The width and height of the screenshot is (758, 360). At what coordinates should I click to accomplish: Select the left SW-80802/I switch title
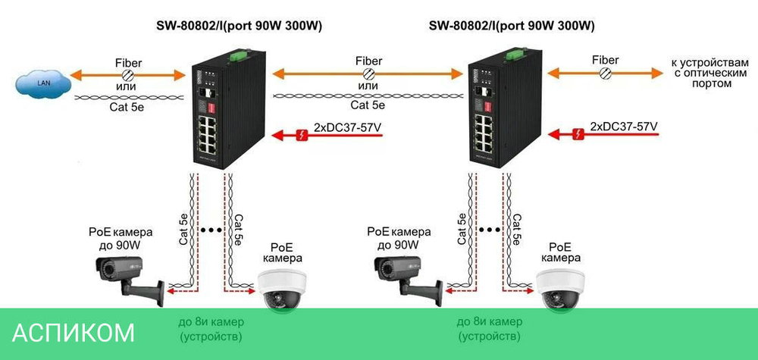pyautogui.click(x=239, y=26)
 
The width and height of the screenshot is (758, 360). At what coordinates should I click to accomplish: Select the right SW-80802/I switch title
pyautogui.click(x=512, y=26)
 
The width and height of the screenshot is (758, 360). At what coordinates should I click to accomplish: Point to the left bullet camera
pyautogui.click(x=127, y=277)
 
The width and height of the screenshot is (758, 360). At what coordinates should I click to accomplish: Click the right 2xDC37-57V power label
pyautogui.click(x=624, y=125)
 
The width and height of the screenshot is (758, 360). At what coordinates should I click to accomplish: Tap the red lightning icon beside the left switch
pyautogui.click(x=302, y=136)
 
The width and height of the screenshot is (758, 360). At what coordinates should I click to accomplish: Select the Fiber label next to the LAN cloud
pyautogui.click(x=128, y=61)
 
